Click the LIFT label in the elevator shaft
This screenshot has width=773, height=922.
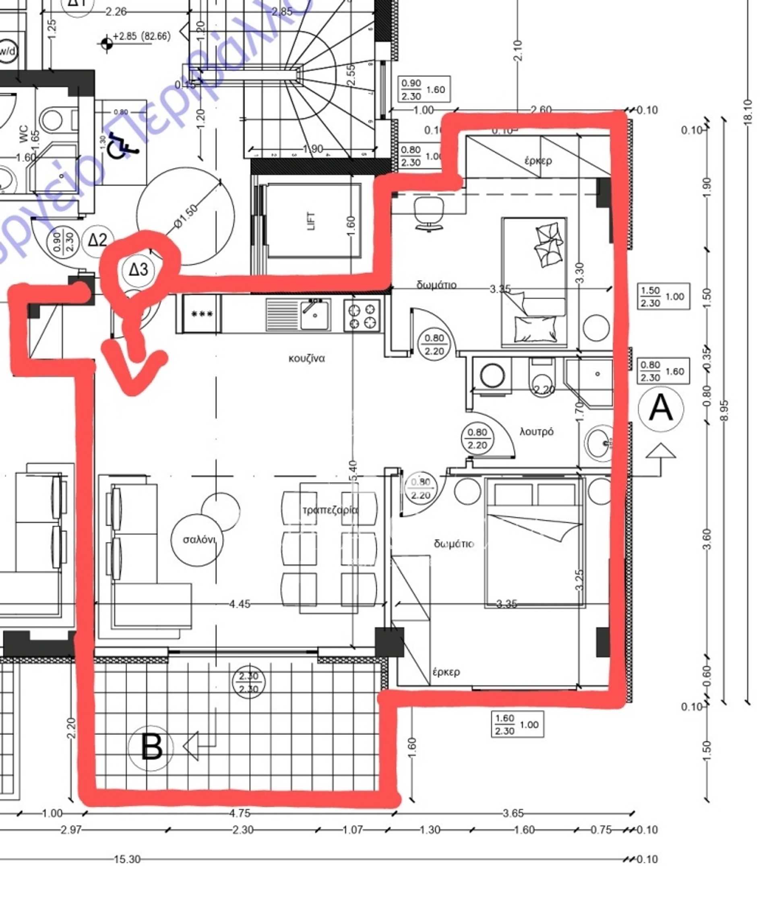(x=311, y=221)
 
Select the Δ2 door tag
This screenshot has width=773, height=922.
(x=97, y=240)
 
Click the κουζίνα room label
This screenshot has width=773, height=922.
(x=306, y=358)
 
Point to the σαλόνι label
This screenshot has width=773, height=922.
(x=198, y=539)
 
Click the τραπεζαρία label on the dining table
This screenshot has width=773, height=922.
(x=330, y=510)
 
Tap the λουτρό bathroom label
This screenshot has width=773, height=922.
(x=536, y=432)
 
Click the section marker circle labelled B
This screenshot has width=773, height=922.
(x=151, y=747)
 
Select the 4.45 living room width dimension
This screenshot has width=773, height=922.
(x=240, y=604)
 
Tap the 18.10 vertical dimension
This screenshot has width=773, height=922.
(x=748, y=112)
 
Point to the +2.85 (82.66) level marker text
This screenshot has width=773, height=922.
(x=141, y=36)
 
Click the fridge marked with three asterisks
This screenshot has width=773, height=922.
(x=203, y=314)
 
